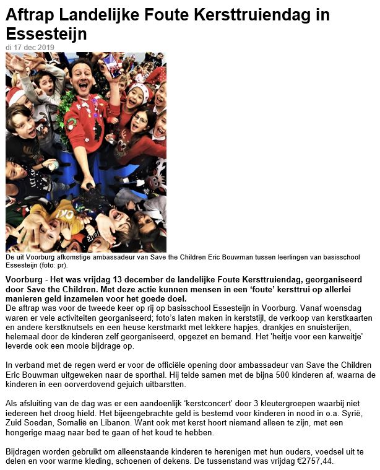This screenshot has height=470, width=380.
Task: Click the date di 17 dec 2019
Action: click(x=30, y=47)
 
